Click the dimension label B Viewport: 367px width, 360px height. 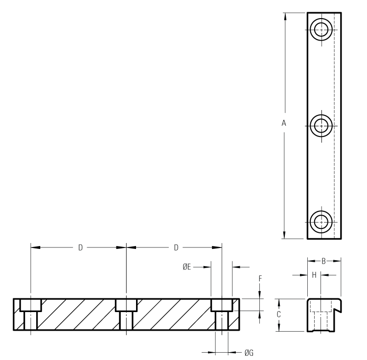pyautogui.click(x=323, y=261)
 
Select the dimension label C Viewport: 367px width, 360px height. pyautogui.click(x=278, y=315)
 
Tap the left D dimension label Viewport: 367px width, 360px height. pyautogui.click(x=80, y=247)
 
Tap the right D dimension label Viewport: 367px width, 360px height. pyautogui.click(x=176, y=247)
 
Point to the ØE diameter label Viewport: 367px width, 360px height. pyautogui.click(x=186, y=267)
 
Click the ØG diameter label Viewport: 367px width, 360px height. pyautogui.click(x=248, y=352)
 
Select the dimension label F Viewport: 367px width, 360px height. pyautogui.click(x=260, y=278)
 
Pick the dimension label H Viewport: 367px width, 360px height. pyautogui.click(x=314, y=275)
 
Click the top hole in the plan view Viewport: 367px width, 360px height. pyautogui.click(x=321, y=28)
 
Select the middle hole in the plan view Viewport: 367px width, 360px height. pyautogui.click(x=321, y=125)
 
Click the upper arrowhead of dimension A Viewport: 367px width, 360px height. pyautogui.click(x=284, y=16)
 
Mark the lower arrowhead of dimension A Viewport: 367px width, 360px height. pyautogui.click(x=284, y=235)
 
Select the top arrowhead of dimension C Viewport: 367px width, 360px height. pyautogui.click(x=278, y=302)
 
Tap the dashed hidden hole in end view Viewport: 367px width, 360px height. pyautogui.click(x=321, y=321)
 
